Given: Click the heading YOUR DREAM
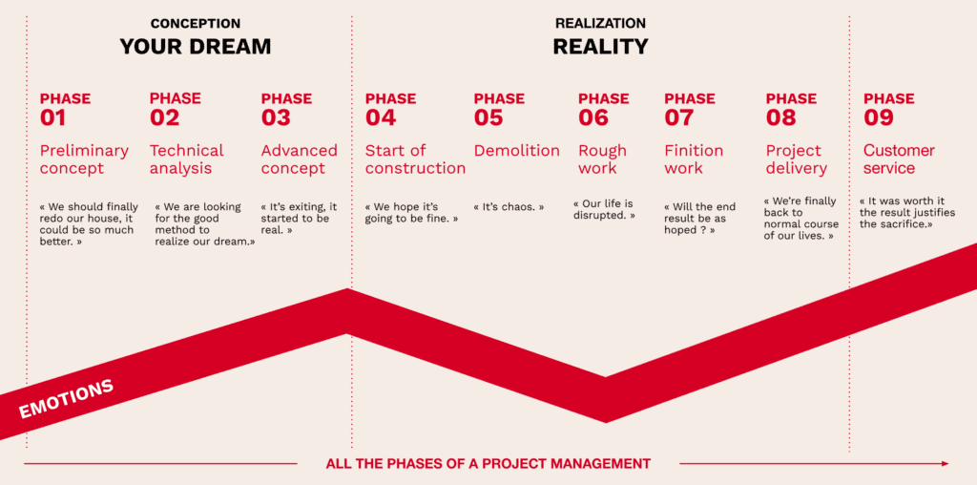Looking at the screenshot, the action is [196, 47].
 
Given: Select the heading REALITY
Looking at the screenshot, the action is [601, 47].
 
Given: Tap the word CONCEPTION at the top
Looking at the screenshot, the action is [196, 24].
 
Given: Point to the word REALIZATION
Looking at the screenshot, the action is [600, 24].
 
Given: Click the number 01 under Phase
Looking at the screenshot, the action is [53, 117].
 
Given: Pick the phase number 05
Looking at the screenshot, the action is [488, 117].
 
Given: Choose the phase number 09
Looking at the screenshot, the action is [879, 117].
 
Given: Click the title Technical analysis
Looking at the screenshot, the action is [186, 159].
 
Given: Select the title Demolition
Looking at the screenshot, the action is [516, 151].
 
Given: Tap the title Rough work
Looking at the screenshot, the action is [603, 159].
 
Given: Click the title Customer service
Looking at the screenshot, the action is [899, 159].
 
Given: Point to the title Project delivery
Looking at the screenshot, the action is [797, 159].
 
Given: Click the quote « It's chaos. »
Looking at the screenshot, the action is [509, 207].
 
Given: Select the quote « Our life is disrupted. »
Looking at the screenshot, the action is [604, 209].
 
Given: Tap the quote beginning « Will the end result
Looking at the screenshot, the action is [699, 219].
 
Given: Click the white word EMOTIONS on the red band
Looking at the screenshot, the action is [66, 399].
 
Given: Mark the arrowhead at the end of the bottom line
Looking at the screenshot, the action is [946, 464].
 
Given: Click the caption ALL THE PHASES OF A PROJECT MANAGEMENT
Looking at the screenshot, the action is [488, 464].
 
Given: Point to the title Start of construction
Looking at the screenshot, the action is [415, 159].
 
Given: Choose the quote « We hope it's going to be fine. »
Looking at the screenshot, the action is [412, 213].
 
